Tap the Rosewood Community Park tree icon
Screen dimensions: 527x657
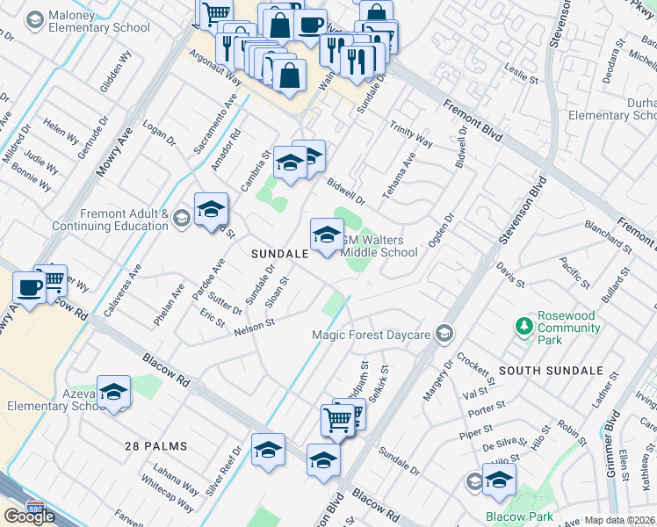coord(525,327)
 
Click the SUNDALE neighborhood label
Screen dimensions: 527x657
coord(279,253)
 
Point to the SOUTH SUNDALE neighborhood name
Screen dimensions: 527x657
coord(551,372)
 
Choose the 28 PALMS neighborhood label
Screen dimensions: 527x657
coord(155,446)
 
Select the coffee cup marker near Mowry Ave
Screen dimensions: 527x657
coord(29,289)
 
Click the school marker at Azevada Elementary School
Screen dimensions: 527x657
coord(113,393)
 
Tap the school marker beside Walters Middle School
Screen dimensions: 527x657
coord(326,235)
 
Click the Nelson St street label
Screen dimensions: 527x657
coord(255,327)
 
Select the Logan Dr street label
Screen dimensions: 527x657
coord(159,132)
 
